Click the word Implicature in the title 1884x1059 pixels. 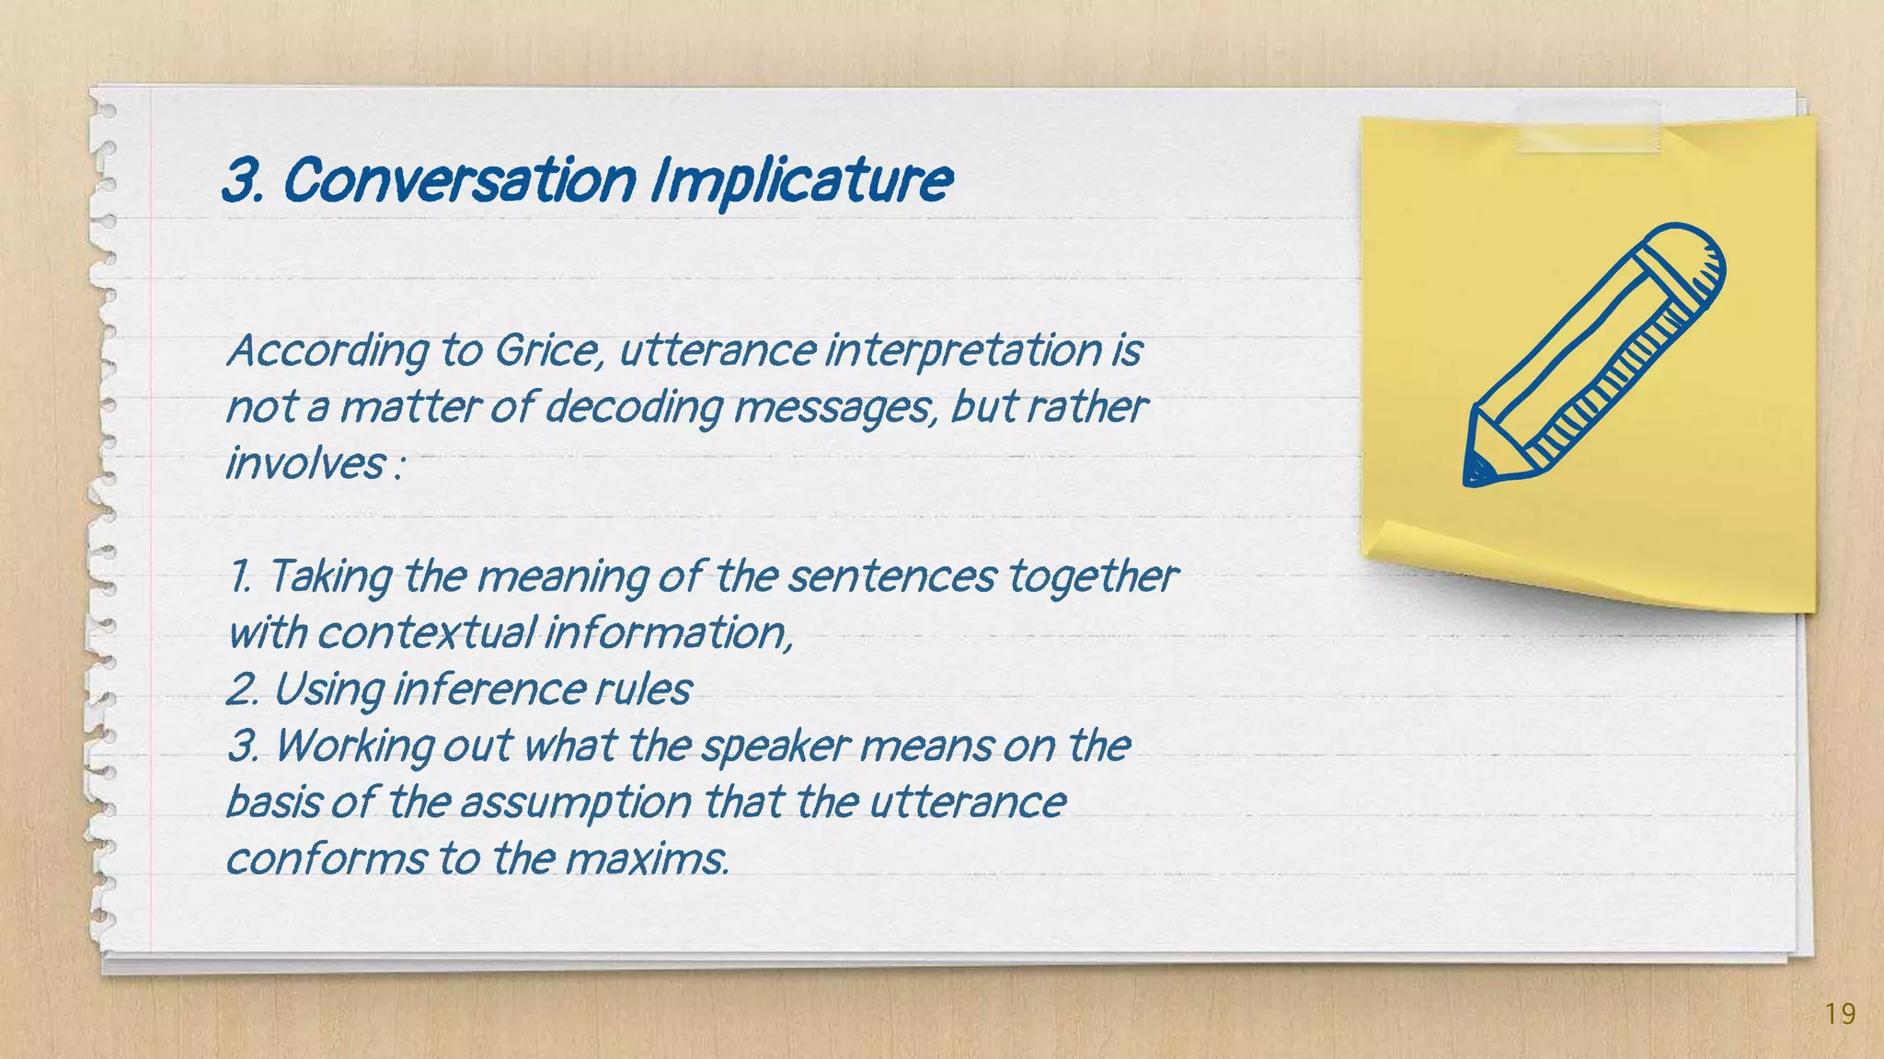[800, 180]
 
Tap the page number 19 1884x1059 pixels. [1840, 1014]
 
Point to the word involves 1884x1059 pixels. [305, 463]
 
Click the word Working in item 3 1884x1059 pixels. [353, 746]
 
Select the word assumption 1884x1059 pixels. [575, 802]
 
